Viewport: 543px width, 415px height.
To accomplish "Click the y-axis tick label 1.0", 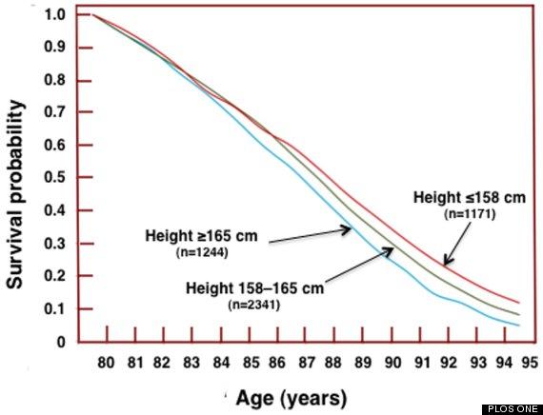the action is click(54, 15).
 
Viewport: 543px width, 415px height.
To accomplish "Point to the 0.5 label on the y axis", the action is click(54, 177).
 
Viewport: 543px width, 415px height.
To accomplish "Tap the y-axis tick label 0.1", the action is click(54, 308).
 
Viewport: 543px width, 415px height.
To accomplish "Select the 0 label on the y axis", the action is click(61, 343).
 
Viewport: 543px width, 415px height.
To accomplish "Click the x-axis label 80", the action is click(106, 363).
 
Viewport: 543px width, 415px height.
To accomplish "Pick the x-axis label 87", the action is click(307, 363).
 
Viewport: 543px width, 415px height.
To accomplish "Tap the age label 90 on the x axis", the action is click(392, 363).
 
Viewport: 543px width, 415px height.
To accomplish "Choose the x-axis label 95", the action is click(530, 363).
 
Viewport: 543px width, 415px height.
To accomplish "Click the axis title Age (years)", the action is click(292, 398).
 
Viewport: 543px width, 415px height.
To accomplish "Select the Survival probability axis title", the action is click(16, 194).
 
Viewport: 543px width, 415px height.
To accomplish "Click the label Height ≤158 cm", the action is click(470, 198).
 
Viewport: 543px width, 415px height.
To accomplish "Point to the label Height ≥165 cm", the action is click(201, 236).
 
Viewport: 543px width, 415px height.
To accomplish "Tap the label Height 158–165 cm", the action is click(255, 288).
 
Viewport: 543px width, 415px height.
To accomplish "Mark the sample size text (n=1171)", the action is click(470, 214).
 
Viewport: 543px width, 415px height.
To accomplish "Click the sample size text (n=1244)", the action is click(202, 253).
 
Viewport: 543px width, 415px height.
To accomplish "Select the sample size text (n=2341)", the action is click(253, 306).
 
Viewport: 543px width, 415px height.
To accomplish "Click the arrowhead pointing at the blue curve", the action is click(347, 229).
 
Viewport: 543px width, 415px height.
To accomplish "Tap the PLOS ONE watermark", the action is click(513, 409).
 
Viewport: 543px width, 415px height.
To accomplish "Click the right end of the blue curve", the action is click(519, 326).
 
